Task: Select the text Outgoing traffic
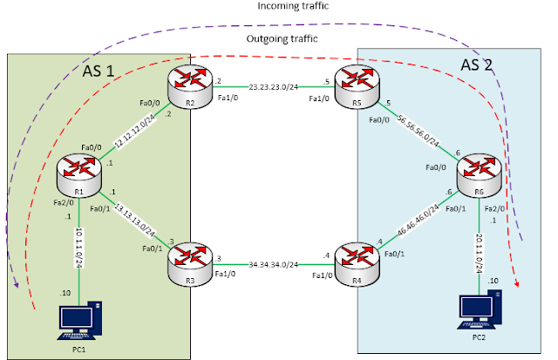pyautogui.click(x=282, y=39)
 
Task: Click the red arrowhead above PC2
pyautogui.click(x=521, y=285)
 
